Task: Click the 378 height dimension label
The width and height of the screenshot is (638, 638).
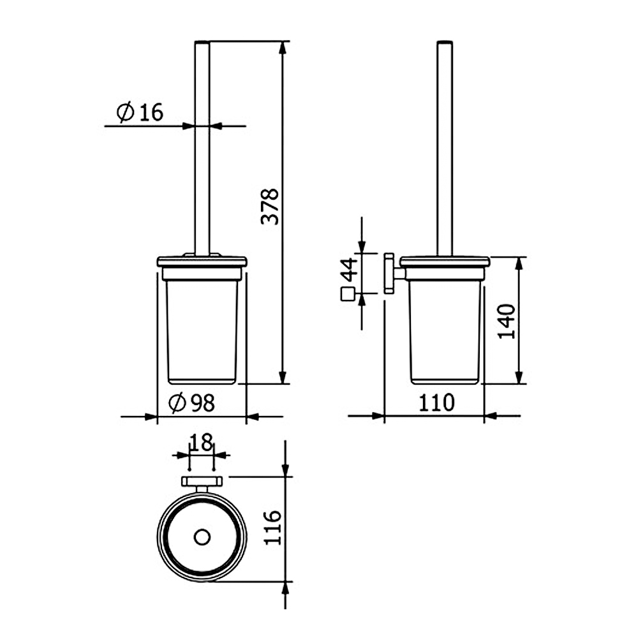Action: click(x=270, y=206)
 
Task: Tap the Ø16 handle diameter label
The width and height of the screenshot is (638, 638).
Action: click(x=140, y=112)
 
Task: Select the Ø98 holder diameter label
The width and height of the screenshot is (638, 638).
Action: click(x=191, y=403)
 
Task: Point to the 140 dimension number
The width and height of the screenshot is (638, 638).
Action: click(x=507, y=321)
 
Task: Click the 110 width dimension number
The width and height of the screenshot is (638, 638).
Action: click(x=436, y=403)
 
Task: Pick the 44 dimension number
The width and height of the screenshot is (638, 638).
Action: click(x=349, y=270)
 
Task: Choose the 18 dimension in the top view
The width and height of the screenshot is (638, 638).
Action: click(x=202, y=442)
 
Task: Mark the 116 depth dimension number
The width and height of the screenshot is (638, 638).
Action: click(x=272, y=528)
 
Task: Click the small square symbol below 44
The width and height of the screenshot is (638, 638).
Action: click(x=347, y=294)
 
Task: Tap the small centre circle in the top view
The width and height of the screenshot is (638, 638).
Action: click(x=202, y=537)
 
